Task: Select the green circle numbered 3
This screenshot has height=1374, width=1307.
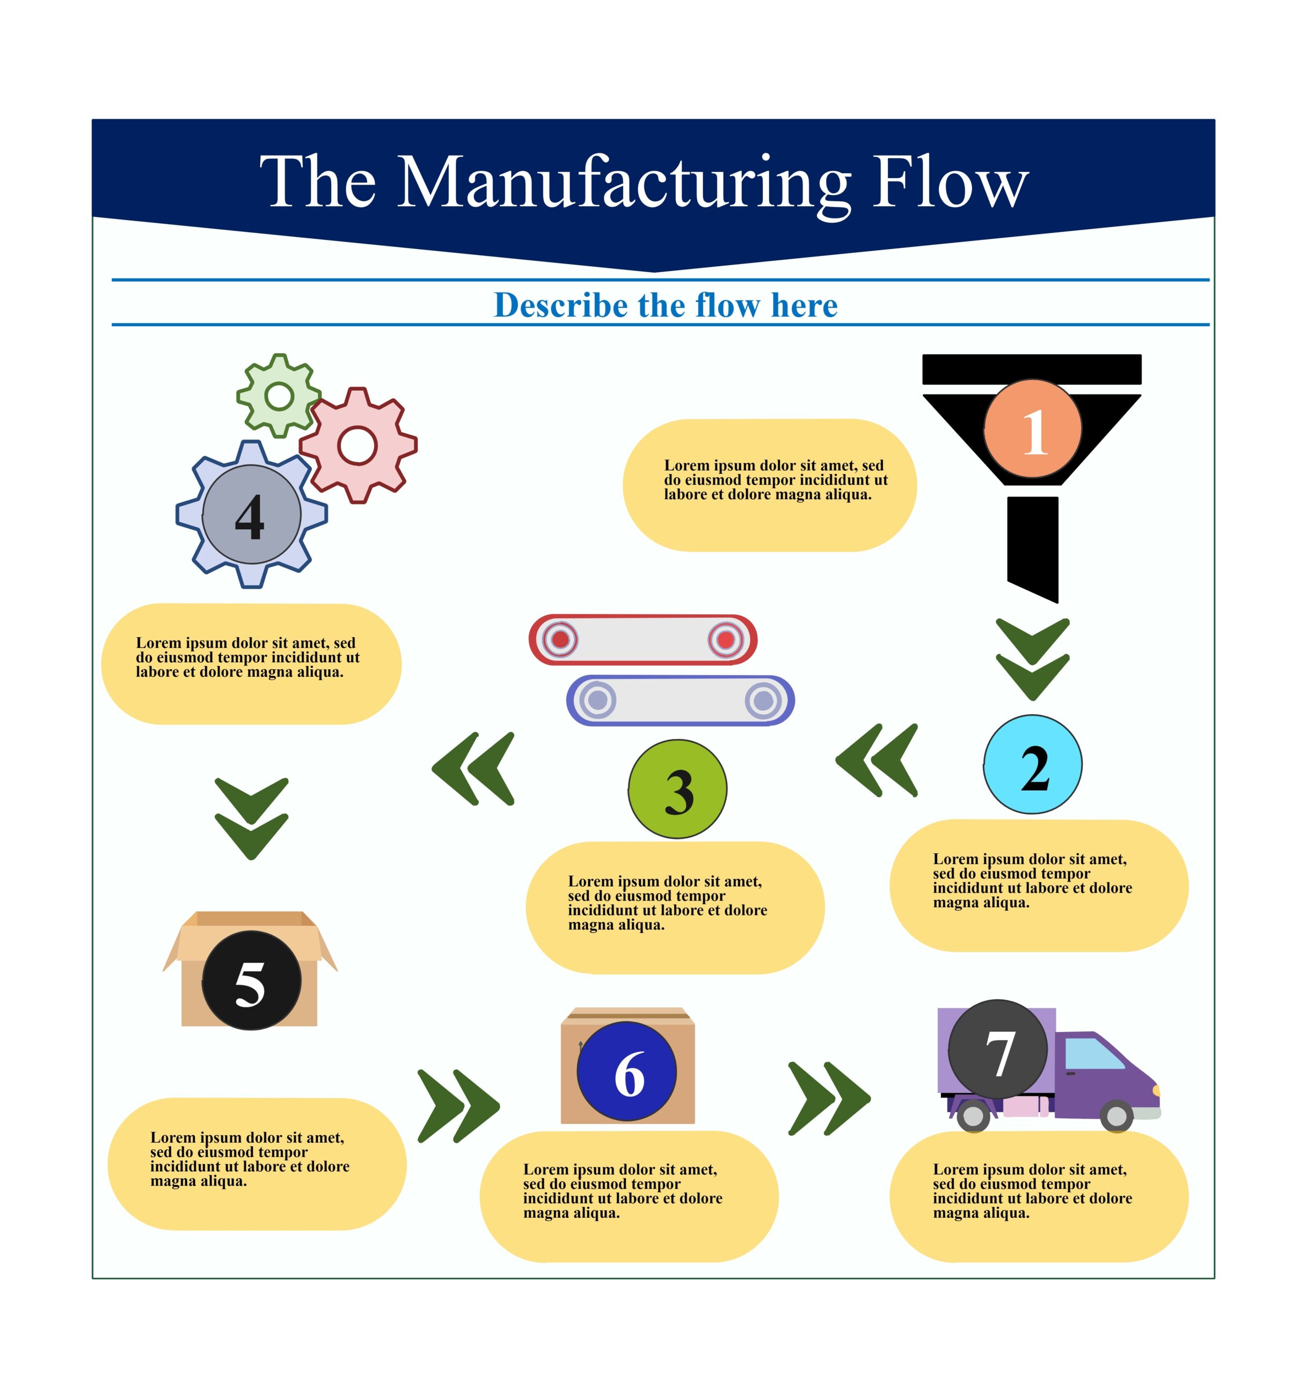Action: click(x=677, y=789)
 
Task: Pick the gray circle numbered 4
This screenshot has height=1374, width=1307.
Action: click(x=252, y=514)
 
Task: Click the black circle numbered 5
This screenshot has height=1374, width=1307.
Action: click(x=252, y=981)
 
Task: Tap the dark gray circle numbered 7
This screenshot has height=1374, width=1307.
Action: click(x=998, y=1049)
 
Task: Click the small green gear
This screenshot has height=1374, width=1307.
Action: click(x=279, y=396)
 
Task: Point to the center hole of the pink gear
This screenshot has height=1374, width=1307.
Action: click(x=357, y=446)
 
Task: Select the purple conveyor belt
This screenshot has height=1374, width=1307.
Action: click(x=680, y=700)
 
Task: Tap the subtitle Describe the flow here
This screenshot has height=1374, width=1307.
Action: click(x=666, y=305)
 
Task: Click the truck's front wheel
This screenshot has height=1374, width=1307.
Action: click(x=1116, y=1115)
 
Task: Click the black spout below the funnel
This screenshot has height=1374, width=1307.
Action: click(x=1033, y=547)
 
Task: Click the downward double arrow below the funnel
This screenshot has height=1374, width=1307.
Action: click(x=1033, y=659)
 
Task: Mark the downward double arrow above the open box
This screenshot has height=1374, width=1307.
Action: click(x=252, y=818)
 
